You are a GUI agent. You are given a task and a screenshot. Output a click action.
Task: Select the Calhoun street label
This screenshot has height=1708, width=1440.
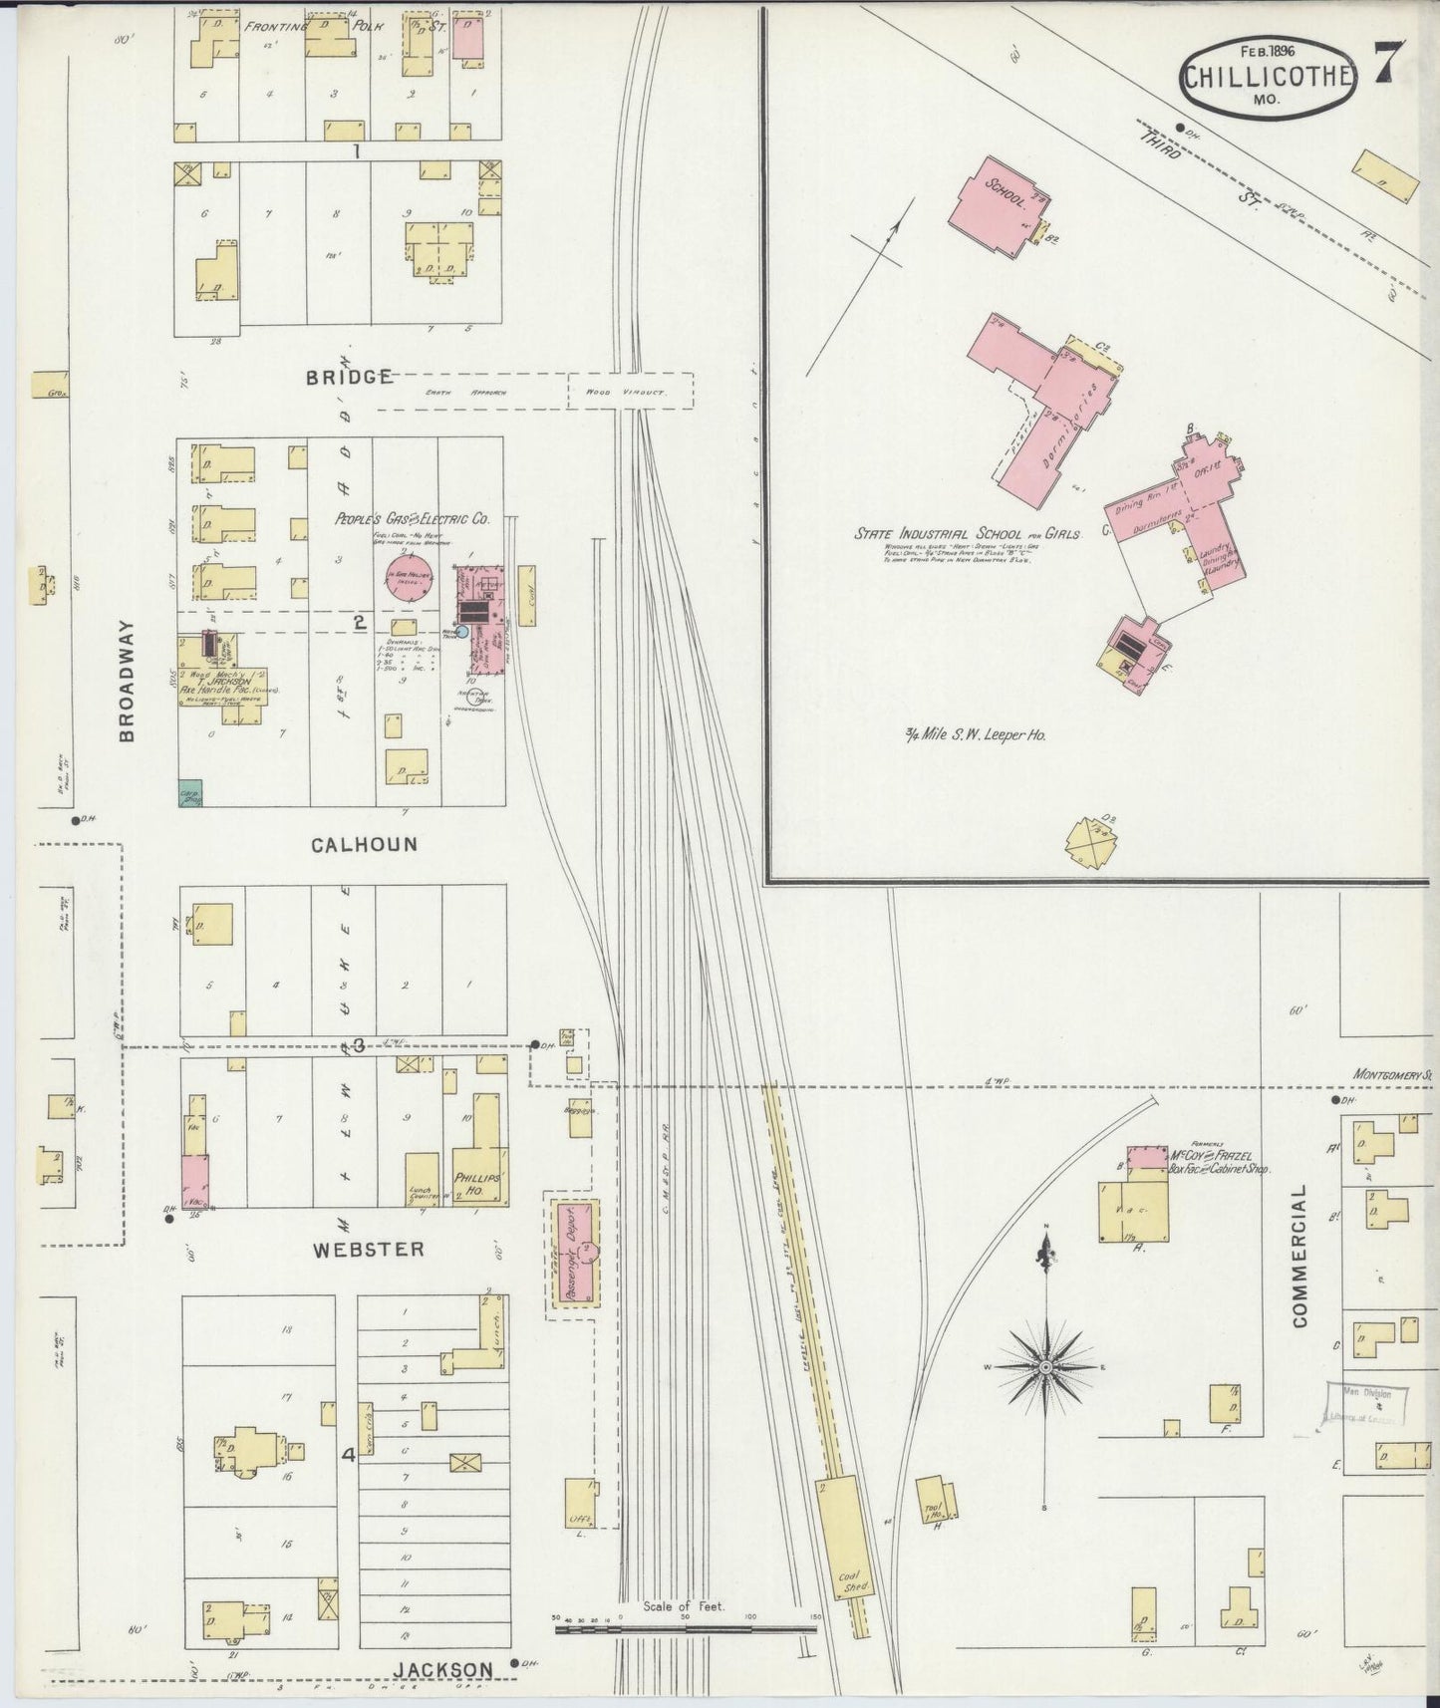point(364,844)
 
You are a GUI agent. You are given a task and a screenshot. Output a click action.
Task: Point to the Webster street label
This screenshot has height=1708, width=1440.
point(368,1249)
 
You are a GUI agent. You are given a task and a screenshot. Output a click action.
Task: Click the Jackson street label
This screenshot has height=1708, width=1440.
point(441,1669)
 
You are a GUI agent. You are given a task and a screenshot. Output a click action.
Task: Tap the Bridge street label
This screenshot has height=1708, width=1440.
point(348,377)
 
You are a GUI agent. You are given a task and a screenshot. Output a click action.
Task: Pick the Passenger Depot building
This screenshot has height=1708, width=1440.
point(578,1252)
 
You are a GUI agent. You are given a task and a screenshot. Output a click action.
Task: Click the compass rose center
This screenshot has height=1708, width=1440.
point(1045,1367)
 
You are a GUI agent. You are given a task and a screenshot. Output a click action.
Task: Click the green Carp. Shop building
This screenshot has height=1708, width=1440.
point(190,792)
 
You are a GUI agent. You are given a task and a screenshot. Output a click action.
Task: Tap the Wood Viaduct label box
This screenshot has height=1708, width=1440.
point(630,392)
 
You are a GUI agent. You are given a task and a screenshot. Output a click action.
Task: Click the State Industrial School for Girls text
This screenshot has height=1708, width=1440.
point(967,534)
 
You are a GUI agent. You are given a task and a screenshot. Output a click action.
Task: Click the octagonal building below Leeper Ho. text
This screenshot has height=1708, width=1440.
point(1091,844)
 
